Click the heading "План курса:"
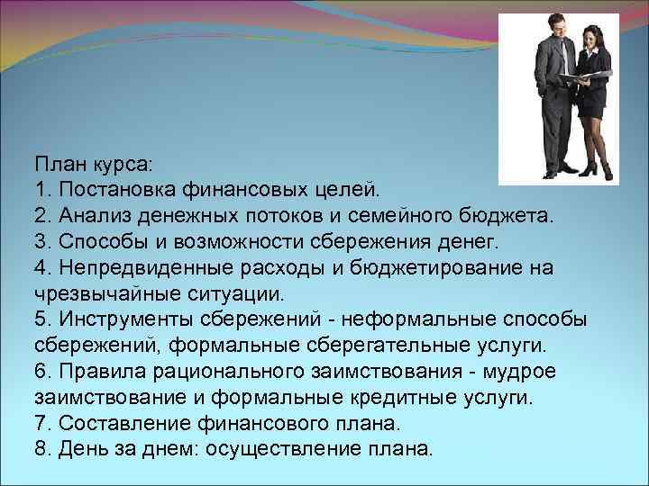pos(95,165)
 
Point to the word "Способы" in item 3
pos(102,242)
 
